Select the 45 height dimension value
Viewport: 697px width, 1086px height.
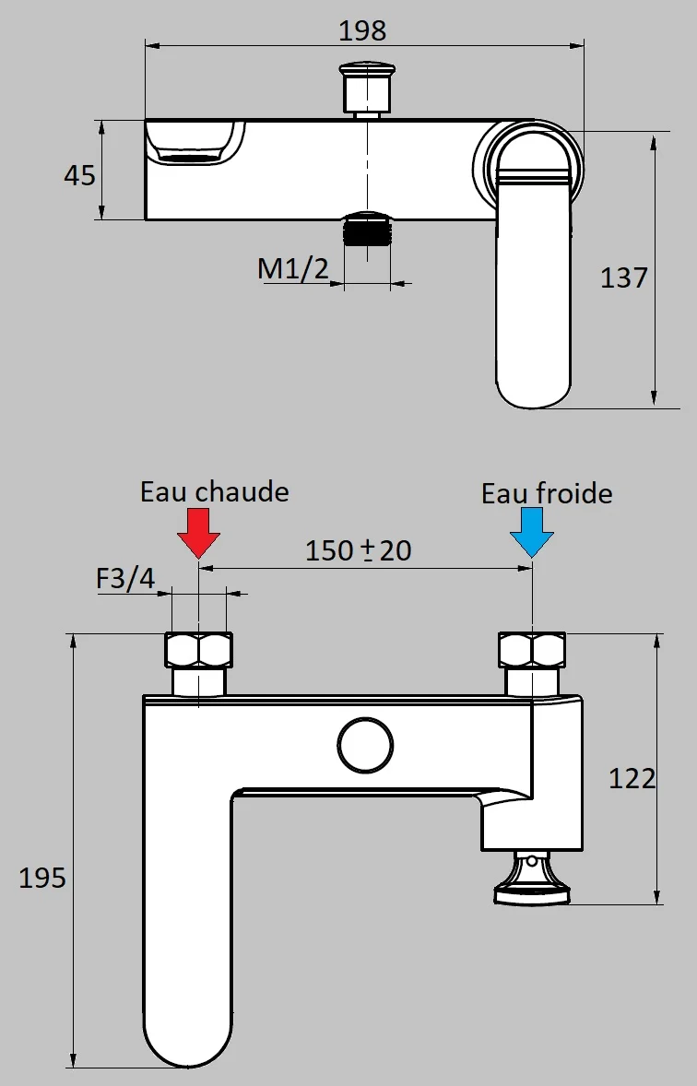point(79,174)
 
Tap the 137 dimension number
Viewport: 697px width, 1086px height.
point(624,277)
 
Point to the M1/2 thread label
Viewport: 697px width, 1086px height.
point(293,269)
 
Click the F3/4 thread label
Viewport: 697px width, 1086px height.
point(126,580)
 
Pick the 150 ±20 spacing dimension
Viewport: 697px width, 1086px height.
point(359,550)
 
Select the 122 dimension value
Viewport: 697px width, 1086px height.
point(632,778)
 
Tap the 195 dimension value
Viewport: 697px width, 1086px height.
point(42,878)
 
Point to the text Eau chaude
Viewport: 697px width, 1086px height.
point(214,491)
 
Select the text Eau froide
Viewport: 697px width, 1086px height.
point(547,493)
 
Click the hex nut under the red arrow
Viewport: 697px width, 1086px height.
point(198,651)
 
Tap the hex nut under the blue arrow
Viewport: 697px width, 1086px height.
point(532,651)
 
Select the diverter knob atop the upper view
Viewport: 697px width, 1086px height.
point(367,88)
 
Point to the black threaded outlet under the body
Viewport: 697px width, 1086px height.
point(368,230)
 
